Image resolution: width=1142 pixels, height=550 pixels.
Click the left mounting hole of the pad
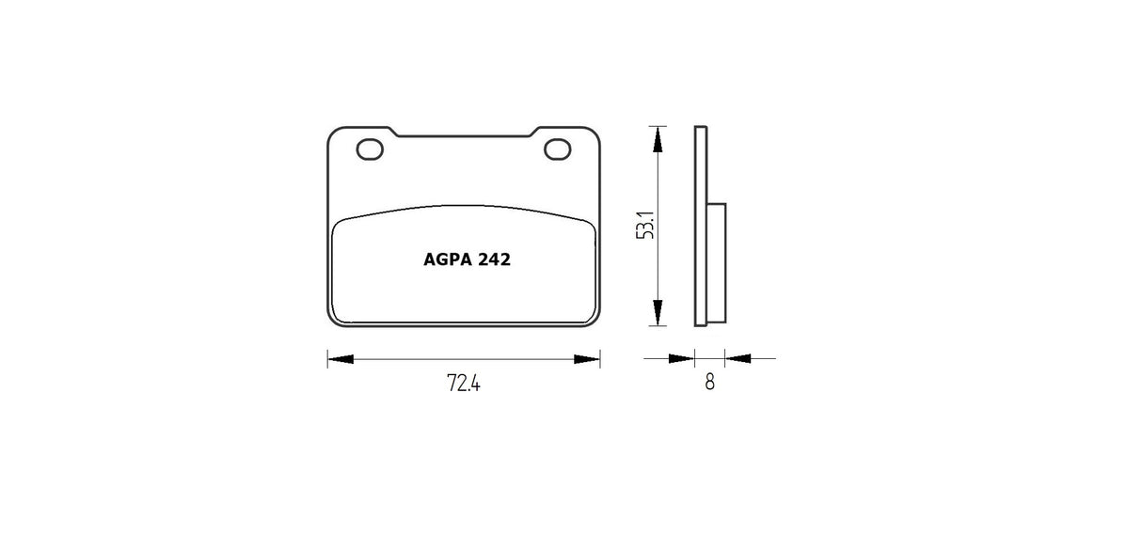click(369, 149)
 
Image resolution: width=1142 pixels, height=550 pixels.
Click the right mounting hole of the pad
click(558, 149)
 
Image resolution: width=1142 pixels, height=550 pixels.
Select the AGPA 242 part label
click(461, 260)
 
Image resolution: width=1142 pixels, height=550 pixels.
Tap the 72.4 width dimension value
click(463, 384)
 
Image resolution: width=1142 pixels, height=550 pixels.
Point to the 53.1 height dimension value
click(645, 226)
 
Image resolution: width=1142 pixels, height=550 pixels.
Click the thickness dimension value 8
click(709, 383)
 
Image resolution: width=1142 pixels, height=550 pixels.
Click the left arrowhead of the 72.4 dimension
click(339, 358)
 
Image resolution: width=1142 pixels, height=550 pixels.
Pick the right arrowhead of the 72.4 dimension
click(588, 358)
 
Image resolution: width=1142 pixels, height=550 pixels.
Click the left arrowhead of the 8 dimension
click(682, 358)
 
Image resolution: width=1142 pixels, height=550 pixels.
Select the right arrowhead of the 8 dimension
click(737, 358)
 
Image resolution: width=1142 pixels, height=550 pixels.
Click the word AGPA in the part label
click(441, 260)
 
